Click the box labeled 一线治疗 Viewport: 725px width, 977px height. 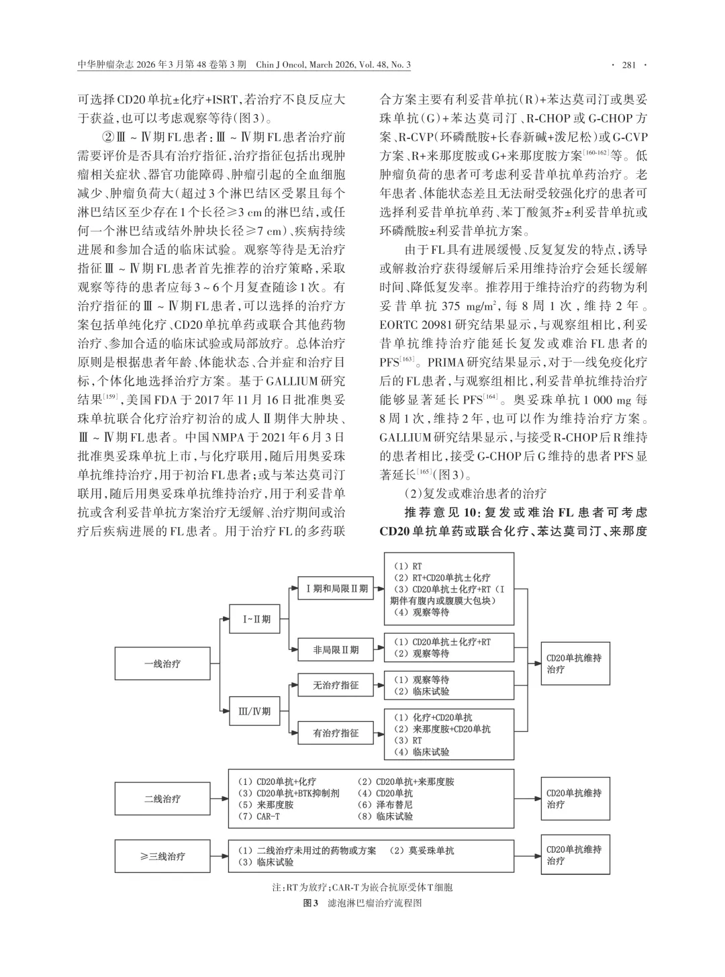click(162, 664)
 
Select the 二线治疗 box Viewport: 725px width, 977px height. click(162, 799)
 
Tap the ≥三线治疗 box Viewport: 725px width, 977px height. click(162, 856)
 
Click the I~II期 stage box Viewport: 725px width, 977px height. click(256, 619)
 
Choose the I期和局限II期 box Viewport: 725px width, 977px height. click(336, 589)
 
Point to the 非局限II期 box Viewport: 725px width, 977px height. click(336, 649)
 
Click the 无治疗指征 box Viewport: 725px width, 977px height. click(336, 686)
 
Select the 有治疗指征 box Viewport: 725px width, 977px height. click(336, 733)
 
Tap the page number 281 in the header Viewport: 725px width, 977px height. click(628, 65)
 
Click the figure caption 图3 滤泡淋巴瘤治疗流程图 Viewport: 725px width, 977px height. click(362, 903)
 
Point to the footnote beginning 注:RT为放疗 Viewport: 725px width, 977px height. click(362, 887)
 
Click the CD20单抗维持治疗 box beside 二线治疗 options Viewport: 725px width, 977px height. click(574, 799)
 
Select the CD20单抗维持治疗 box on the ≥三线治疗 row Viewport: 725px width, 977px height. click(574, 855)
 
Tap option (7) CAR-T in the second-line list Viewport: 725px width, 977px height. click(259, 817)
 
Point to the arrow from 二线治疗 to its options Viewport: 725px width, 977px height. click(219, 799)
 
